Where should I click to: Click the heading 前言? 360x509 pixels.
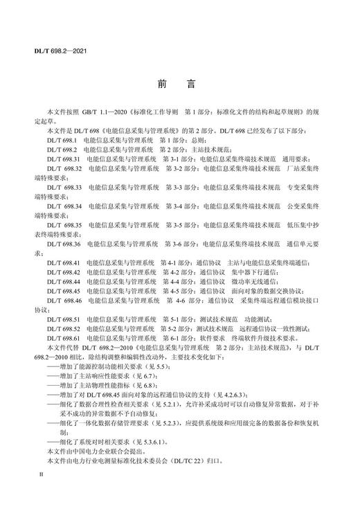tap(179, 85)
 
